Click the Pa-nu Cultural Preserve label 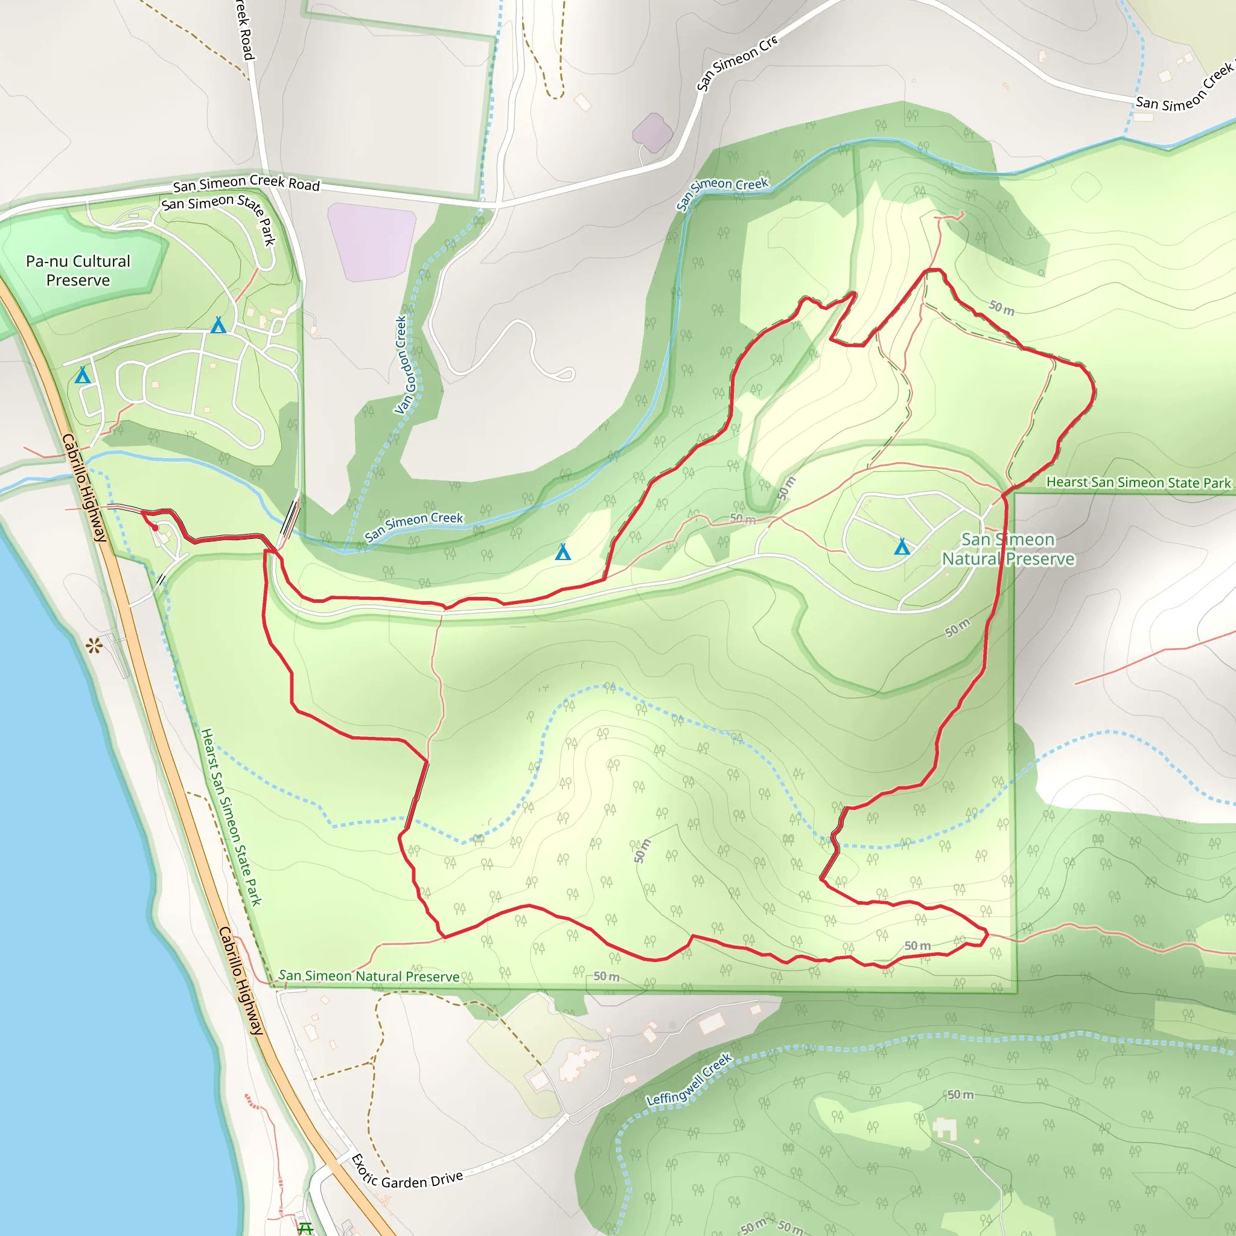point(78,270)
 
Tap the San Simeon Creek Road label point(246,183)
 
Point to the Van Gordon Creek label point(405,365)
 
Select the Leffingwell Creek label point(689,1080)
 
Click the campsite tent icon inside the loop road point(902,546)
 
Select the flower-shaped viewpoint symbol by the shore point(94,646)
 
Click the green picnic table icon point(306,1228)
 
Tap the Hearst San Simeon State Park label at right point(1138,482)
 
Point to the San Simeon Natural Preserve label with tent point(1008,549)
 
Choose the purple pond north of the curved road point(652,132)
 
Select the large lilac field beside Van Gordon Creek point(372,241)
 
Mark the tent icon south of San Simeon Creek point(562,552)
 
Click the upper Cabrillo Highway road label point(84,488)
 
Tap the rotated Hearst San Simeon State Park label point(232,817)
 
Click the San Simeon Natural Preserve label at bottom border point(369,976)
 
